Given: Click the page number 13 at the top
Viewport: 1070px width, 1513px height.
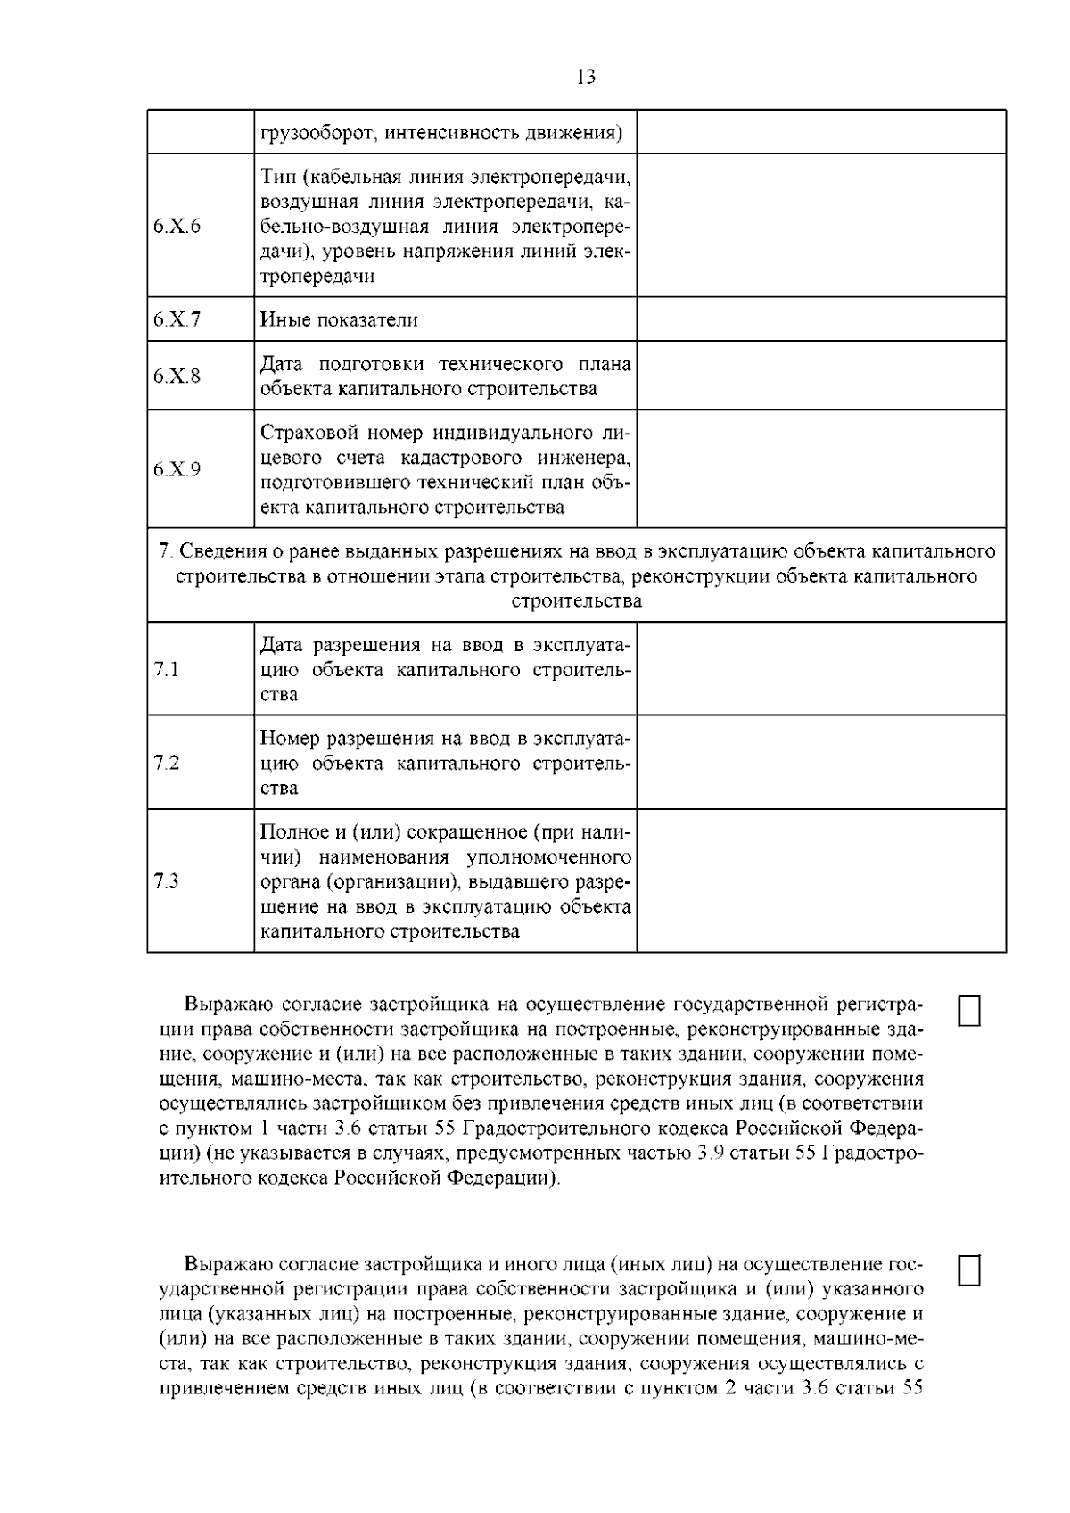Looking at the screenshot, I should (586, 78).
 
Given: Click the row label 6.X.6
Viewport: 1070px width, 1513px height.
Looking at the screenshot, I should (177, 226).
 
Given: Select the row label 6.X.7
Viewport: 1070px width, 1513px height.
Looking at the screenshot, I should (177, 319).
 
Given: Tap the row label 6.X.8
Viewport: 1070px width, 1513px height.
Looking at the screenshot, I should (177, 376).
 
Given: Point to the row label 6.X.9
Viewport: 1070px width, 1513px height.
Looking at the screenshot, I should (177, 469).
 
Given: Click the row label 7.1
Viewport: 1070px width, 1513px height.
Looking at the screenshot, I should (167, 669).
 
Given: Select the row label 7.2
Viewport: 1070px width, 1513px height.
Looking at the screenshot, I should (167, 763).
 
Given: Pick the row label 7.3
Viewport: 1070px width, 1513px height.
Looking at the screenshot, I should (167, 881).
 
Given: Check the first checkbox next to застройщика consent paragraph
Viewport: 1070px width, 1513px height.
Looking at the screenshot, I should (969, 1011).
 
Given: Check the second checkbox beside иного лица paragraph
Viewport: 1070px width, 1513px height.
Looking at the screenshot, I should (969, 1270).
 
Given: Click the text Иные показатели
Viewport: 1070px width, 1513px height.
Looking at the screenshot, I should (339, 319).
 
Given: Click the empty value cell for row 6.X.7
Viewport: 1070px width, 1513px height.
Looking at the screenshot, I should (821, 319).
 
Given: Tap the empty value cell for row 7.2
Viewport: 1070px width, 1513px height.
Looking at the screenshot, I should (821, 763).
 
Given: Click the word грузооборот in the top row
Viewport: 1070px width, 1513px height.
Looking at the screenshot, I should (312, 133).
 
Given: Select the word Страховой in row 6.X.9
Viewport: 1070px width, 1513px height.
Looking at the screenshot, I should (301, 434).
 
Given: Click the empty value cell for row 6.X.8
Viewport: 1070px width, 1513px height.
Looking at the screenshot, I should (821, 376).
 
